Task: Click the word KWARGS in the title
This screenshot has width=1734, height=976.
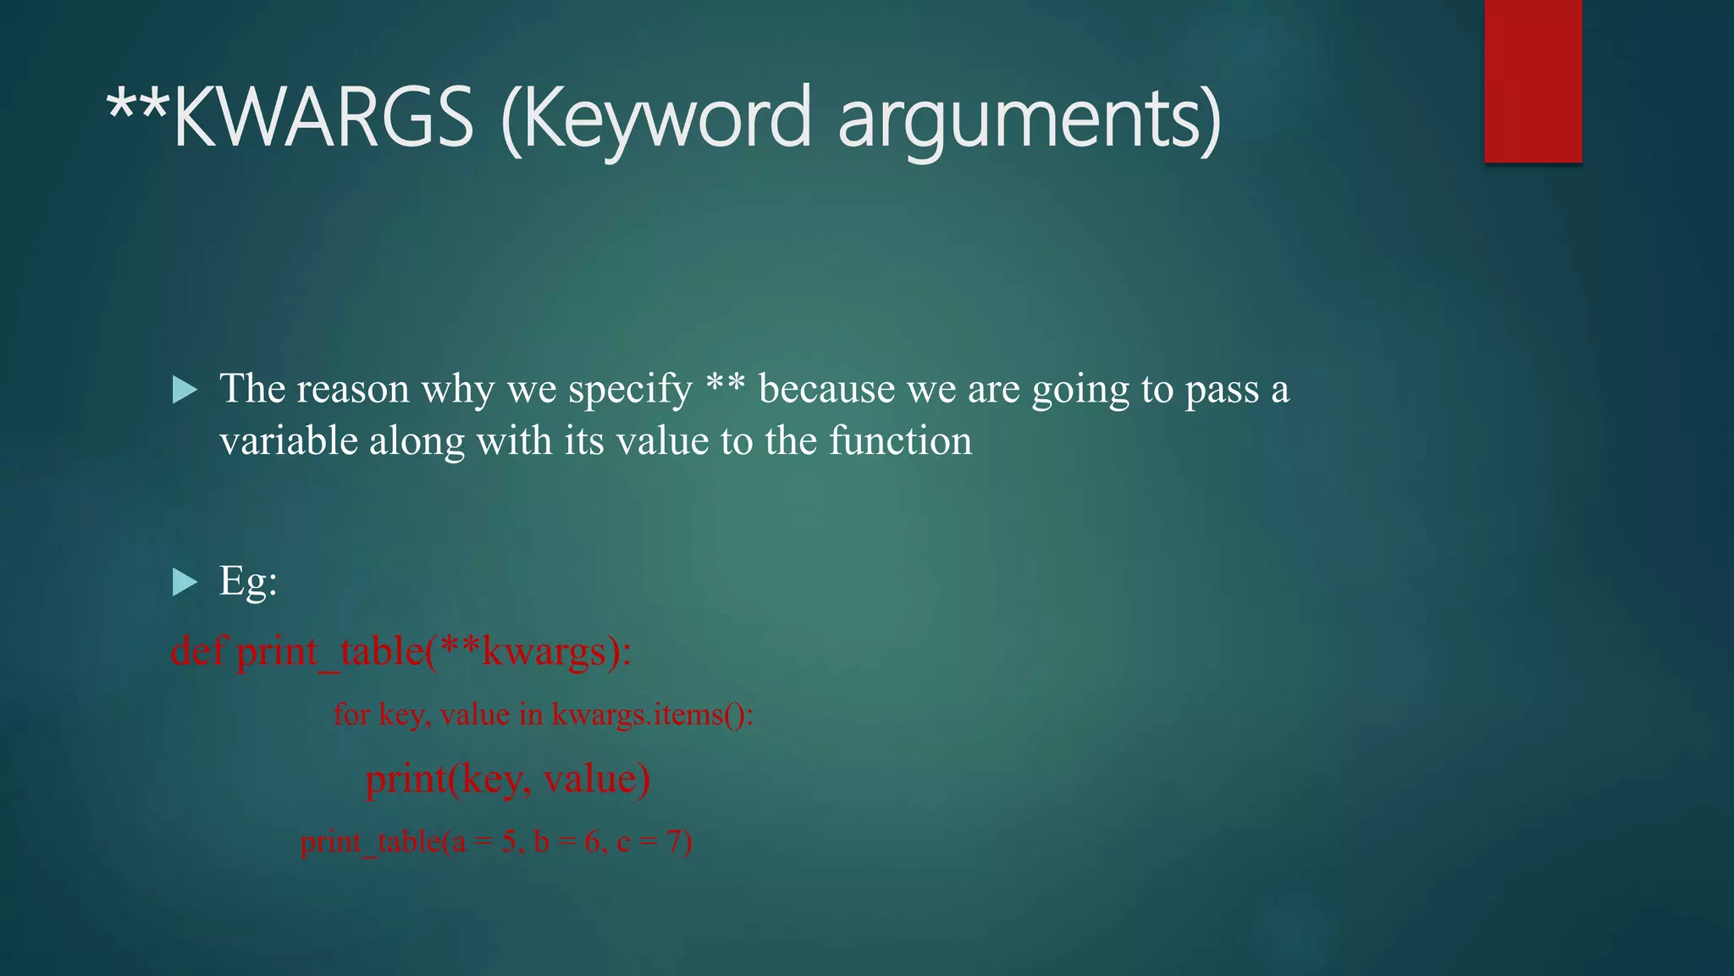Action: [x=322, y=119]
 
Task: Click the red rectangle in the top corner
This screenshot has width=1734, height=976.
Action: [x=1532, y=80]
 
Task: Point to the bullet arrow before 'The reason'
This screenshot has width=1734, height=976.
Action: [x=185, y=391]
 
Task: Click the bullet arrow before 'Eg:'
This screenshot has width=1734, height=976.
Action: [x=185, y=582]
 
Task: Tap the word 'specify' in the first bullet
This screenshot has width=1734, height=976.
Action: [x=630, y=390]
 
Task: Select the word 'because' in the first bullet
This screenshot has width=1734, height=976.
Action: [x=826, y=390]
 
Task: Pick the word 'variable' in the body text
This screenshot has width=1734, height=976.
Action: [x=288, y=441]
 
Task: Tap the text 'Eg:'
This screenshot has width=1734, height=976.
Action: [x=248, y=582]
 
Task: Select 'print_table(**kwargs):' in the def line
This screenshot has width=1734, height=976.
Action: [x=433, y=652]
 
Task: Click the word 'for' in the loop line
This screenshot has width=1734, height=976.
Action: [x=351, y=715]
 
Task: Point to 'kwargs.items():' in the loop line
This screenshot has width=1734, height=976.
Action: [x=652, y=715]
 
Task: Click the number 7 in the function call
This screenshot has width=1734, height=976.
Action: [x=674, y=842]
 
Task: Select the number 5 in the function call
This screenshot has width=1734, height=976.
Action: [x=509, y=842]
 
